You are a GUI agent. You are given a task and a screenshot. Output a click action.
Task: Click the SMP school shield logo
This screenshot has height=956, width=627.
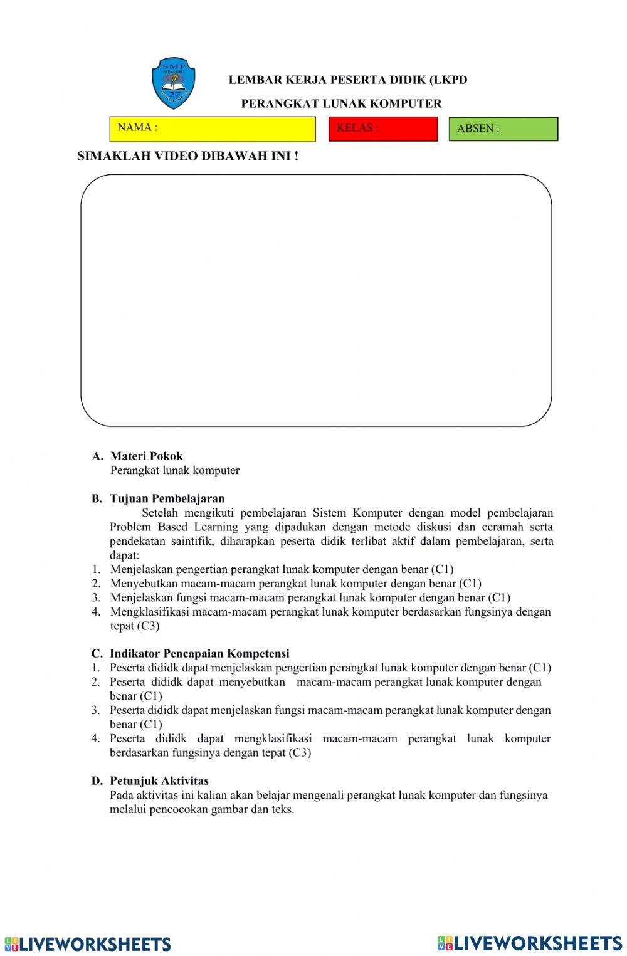(173, 83)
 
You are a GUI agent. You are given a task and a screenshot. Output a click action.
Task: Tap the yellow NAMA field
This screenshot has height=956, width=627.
(212, 129)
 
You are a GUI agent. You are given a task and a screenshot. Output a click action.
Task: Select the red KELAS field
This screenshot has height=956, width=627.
(382, 129)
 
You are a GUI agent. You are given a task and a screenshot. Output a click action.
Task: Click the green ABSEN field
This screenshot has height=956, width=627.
(503, 129)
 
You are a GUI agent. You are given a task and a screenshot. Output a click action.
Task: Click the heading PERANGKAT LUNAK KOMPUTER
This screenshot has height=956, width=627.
(341, 104)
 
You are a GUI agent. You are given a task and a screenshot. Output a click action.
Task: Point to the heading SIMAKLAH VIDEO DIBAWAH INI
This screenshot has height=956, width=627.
(187, 157)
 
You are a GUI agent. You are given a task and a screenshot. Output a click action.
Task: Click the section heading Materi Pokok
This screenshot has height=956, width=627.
(146, 456)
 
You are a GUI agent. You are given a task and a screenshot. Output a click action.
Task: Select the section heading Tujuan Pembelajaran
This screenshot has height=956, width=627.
(167, 499)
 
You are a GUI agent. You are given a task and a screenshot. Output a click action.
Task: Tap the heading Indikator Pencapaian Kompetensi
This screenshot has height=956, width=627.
(199, 654)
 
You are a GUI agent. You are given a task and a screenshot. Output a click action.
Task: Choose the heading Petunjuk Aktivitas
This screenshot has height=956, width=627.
(159, 781)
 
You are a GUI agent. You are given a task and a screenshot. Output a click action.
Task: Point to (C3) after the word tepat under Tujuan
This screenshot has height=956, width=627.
(148, 626)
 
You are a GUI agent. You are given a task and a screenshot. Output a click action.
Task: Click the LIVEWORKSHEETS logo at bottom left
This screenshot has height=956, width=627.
(87, 944)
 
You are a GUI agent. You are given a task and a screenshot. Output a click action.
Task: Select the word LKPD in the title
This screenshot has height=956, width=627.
(451, 80)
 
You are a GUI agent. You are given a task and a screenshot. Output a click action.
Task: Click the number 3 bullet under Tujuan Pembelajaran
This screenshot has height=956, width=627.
(96, 597)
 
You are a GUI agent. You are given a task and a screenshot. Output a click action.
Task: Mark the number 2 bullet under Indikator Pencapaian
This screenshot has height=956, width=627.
(95, 682)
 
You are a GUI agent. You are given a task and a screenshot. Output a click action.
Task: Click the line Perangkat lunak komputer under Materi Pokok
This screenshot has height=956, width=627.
(175, 470)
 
